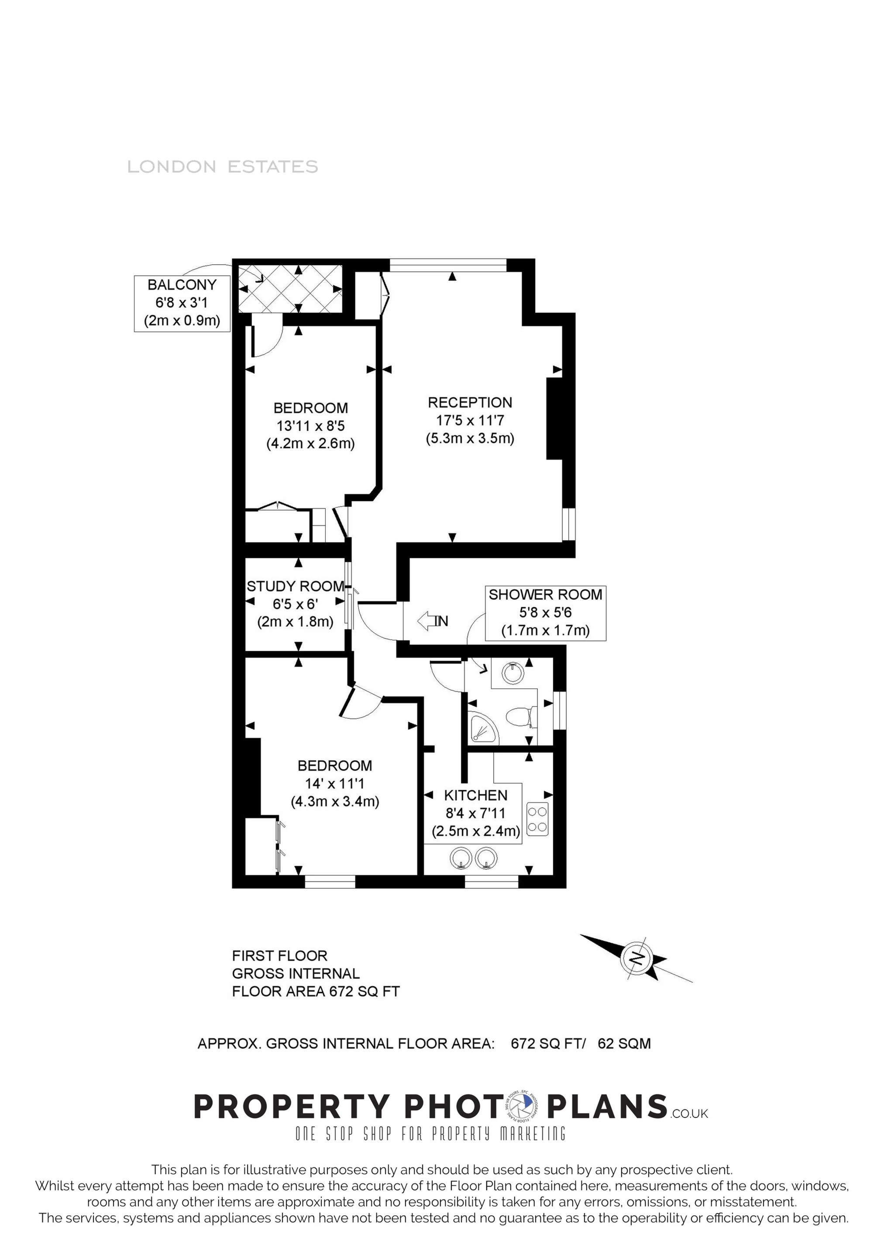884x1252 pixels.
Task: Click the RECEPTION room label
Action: [470, 402]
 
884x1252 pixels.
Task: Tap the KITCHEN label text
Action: [476, 795]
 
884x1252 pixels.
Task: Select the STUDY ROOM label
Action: [296, 586]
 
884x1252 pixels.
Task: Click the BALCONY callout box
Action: [182, 303]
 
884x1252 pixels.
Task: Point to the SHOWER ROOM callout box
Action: [546, 613]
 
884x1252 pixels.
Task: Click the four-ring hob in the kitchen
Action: [537, 820]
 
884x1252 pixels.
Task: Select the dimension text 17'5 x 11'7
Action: [470, 420]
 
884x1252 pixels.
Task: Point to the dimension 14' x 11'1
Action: [335, 784]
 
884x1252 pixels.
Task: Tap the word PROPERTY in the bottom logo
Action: [292, 1107]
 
